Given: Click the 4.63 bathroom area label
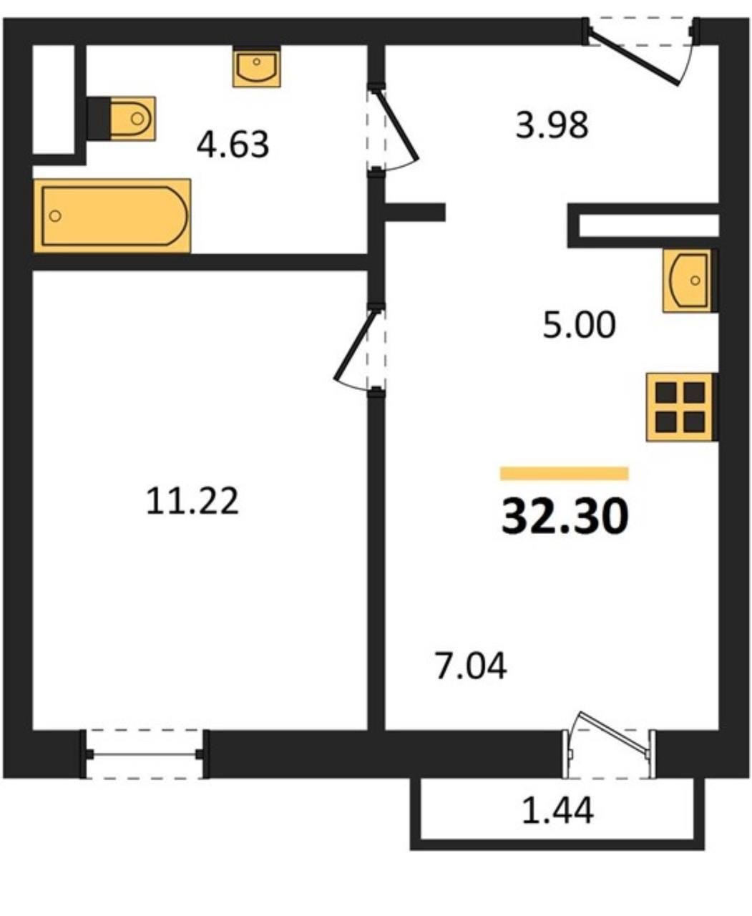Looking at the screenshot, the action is (x=233, y=145).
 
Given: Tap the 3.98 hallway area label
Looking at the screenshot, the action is (x=552, y=125).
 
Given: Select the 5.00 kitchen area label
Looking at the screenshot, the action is (x=579, y=324).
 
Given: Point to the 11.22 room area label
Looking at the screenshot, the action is (x=192, y=501).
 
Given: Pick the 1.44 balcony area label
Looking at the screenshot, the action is (x=557, y=811).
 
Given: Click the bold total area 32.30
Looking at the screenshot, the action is (x=565, y=517).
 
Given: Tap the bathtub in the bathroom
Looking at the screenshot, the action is (x=112, y=216).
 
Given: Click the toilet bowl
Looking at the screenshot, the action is (x=132, y=118).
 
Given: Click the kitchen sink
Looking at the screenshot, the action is (x=688, y=281).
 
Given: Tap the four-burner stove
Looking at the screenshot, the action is (x=680, y=407).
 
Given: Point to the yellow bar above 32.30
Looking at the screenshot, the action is (x=565, y=474).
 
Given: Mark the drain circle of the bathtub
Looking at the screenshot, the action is (x=55, y=216).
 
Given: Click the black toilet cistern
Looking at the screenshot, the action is (x=99, y=118).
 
